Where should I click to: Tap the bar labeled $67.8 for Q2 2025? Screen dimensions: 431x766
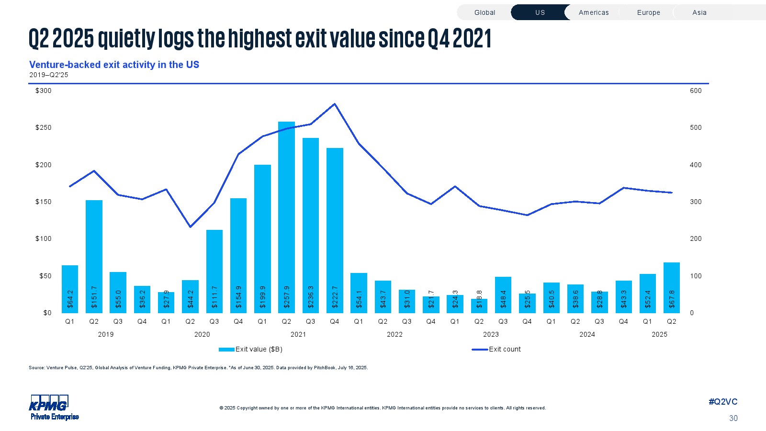672,287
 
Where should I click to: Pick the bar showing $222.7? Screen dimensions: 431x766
335,230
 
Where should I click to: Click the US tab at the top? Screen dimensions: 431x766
540,12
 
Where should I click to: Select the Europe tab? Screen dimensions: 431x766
648,12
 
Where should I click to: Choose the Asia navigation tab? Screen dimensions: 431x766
699,12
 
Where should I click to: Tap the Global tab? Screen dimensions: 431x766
484,12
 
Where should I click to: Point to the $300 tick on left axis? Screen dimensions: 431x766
44,91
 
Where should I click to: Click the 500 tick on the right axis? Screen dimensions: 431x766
696,127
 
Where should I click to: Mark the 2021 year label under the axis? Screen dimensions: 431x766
298,334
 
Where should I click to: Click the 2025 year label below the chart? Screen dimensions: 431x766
659,334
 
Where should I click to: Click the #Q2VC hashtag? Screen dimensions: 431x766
723,402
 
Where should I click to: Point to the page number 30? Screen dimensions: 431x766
733,418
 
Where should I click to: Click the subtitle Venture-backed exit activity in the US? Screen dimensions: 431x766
114,65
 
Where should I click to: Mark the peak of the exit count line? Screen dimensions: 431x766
335,104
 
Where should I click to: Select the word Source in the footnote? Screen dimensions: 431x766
36,368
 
